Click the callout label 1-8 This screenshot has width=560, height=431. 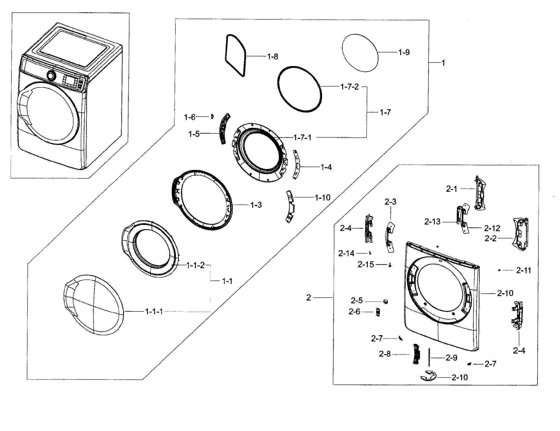pos(273,56)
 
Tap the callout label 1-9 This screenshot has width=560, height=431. pos(404,52)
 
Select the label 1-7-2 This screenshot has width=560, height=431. pos(350,87)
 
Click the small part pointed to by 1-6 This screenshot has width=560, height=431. pos(212,117)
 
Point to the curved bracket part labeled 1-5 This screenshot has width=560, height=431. pos(224,129)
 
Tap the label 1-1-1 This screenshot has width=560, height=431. pos(154,311)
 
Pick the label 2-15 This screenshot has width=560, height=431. pos(366,265)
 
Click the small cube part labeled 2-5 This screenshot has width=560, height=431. pos(385,301)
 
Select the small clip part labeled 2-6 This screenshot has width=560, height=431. pos(378,312)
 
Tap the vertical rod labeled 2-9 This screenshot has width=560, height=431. pos(428,357)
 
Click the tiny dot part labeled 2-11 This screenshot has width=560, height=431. pos(499,270)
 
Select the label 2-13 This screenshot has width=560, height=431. pos(432,221)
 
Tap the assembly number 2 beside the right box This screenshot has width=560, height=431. pos(309,298)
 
